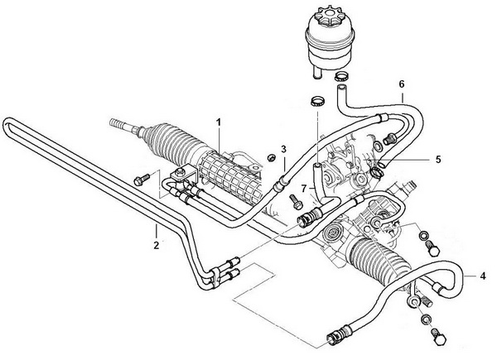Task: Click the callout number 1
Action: (219, 122)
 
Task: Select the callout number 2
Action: (157, 246)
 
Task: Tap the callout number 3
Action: (283, 149)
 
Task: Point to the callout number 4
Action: (482, 276)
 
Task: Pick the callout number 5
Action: (438, 159)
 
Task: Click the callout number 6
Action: (402, 84)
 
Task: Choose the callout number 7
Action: (304, 189)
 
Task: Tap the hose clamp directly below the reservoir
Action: (341, 76)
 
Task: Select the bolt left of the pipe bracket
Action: (142, 180)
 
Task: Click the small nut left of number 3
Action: (271, 157)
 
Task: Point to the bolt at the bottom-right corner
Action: (438, 338)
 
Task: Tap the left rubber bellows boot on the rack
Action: (174, 142)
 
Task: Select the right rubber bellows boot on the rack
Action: (380, 260)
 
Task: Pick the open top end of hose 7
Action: (317, 166)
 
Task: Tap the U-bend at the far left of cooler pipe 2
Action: (6, 125)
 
